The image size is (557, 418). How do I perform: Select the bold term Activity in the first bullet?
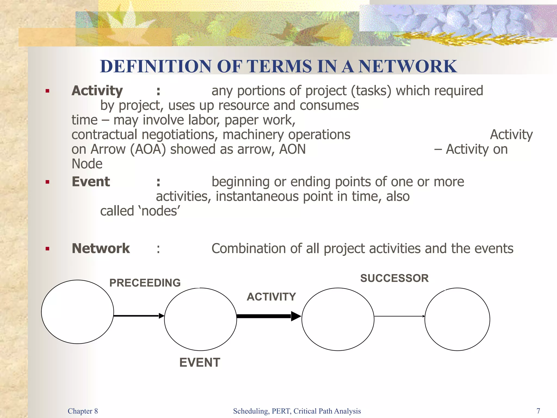tap(97, 91)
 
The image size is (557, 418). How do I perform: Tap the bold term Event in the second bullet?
tap(91, 182)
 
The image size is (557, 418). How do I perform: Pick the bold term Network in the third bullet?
tap(101, 248)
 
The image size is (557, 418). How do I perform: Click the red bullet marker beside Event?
tap(48, 182)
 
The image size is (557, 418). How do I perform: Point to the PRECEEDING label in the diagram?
tap(145, 283)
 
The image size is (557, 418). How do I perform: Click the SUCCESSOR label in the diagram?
tap(394, 278)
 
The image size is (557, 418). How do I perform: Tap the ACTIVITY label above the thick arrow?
tap(271, 297)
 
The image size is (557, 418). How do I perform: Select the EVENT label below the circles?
tap(200, 362)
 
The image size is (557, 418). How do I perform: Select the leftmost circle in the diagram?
tap(78, 312)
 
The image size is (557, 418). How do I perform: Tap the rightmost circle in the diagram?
tap(457, 319)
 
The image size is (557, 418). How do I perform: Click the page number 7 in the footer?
tap(538, 411)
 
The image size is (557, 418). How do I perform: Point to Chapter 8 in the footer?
tap(83, 411)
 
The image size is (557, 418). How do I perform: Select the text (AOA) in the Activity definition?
tap(148, 149)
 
